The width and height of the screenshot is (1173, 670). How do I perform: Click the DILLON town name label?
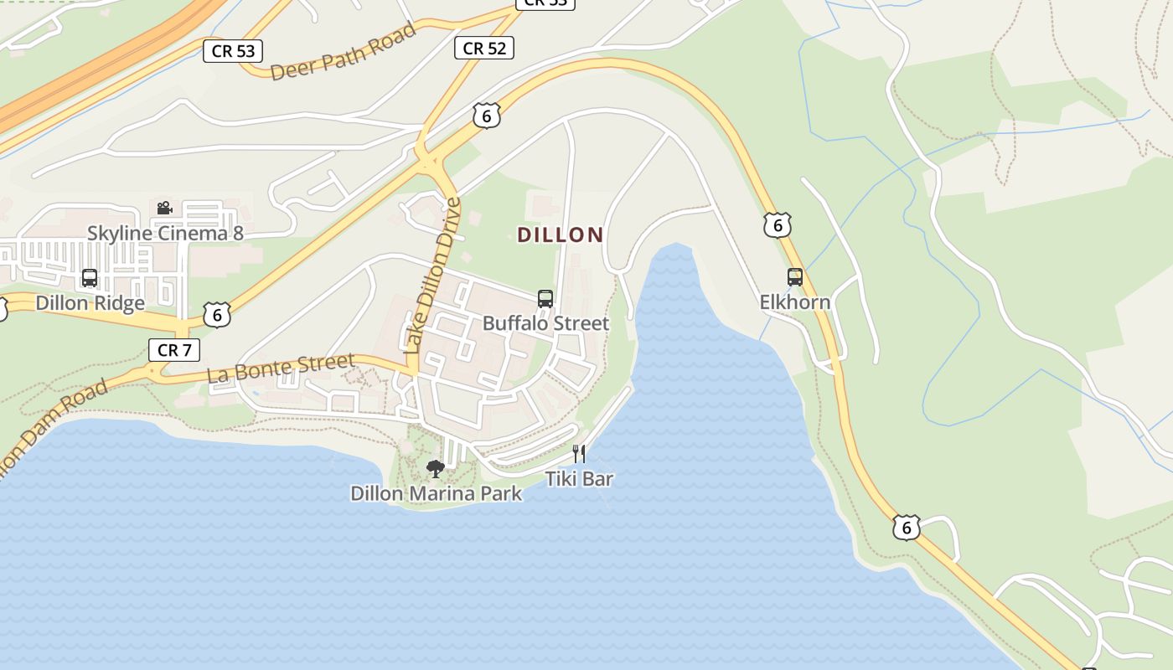tap(561, 234)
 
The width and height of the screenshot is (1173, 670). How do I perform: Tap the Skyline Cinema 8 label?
tap(165, 233)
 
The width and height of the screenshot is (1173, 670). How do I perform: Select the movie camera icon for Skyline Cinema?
tap(164, 208)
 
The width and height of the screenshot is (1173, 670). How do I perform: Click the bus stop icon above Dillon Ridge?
tap(90, 278)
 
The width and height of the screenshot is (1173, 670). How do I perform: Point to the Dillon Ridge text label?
tap(90, 302)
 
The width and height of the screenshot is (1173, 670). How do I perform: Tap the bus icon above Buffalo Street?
tap(545, 299)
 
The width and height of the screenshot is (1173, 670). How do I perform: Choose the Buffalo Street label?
tap(545, 323)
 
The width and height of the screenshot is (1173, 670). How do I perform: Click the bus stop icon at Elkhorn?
tap(795, 277)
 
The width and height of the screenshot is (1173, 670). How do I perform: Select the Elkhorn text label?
tap(795, 301)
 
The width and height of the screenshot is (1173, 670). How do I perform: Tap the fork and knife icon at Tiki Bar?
tap(579, 454)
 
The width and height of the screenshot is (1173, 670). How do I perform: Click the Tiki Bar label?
tap(579, 479)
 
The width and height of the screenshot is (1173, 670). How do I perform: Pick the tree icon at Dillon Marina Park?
tap(435, 469)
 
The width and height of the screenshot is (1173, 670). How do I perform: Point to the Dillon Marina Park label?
tap(436, 493)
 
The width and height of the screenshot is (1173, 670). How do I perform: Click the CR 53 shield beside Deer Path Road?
tap(233, 51)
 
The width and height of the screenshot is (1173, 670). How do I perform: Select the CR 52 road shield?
tap(484, 49)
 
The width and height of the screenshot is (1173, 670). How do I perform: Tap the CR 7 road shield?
tap(174, 350)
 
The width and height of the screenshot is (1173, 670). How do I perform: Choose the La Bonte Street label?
tap(281, 368)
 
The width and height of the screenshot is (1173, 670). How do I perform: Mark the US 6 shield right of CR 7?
tap(217, 315)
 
